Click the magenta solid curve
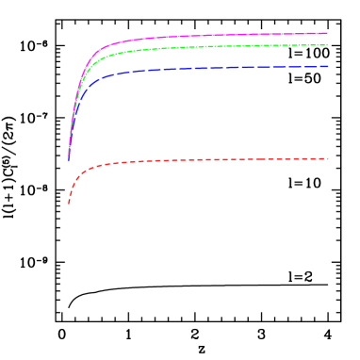[x=188, y=37]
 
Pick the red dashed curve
[x=188, y=160]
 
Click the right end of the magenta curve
[x=327, y=33]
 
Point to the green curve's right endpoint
[x=327, y=44]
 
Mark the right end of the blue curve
[x=327, y=66]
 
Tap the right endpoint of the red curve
[x=327, y=158]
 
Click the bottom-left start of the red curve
[x=69, y=203]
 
